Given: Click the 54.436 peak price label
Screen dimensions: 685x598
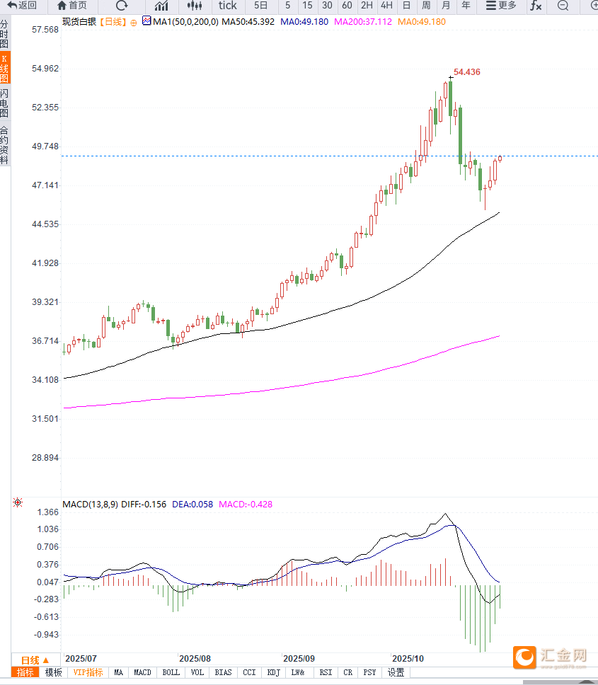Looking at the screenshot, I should (x=467, y=72).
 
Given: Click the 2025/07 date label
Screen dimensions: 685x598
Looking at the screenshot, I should (x=80, y=657).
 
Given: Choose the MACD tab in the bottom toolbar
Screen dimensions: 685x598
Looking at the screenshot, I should (x=142, y=672).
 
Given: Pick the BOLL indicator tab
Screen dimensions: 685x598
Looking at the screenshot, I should (x=171, y=672).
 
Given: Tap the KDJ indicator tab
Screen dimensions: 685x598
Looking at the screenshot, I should (x=274, y=672).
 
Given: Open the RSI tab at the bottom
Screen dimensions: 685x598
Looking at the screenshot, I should (x=326, y=672).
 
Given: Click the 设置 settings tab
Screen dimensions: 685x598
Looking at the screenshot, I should (x=396, y=672).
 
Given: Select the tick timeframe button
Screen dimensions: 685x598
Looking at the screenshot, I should (x=227, y=6).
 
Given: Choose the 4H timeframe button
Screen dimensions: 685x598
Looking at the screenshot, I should (x=386, y=6).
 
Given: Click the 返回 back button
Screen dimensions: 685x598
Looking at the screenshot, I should (x=22, y=6).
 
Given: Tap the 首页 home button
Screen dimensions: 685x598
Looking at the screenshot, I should (x=72, y=6).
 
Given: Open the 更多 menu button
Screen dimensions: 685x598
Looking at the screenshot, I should (x=501, y=6).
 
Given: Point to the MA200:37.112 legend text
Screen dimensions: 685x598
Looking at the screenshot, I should (x=362, y=22).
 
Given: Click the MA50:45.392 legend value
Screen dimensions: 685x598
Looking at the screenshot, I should (x=248, y=22).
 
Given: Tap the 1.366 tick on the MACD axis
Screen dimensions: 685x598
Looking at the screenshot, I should (x=48, y=512).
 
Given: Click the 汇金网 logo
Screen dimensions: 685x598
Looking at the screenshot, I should (x=551, y=657).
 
